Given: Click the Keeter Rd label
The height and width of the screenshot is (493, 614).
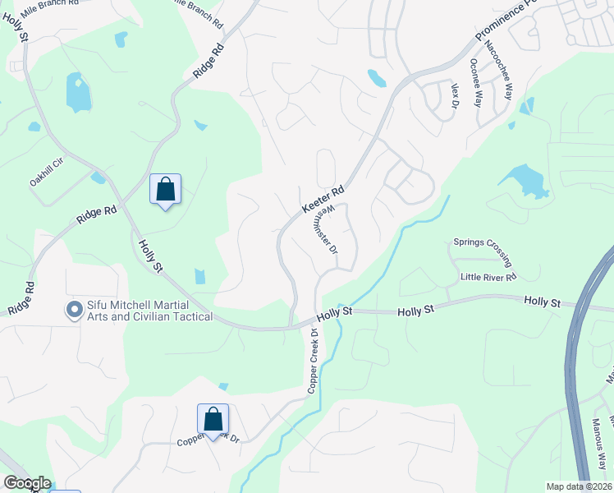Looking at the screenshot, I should [323, 200].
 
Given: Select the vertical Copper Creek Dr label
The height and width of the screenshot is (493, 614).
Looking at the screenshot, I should [313, 361].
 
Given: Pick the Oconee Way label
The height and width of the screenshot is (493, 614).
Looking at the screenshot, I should [475, 82].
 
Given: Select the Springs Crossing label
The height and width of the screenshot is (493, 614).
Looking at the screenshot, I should [484, 253].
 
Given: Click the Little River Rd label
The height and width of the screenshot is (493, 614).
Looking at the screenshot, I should [488, 278].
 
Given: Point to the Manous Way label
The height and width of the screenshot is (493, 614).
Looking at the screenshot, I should [598, 443].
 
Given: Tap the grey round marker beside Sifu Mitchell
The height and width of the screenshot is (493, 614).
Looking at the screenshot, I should [74, 310].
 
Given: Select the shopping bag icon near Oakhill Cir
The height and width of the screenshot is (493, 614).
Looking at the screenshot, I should [166, 189].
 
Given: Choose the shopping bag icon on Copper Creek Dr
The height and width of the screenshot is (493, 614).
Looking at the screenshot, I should [213, 418].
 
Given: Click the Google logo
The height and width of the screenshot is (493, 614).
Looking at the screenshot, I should [26, 483].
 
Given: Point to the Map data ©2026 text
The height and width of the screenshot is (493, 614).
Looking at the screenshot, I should [578, 486].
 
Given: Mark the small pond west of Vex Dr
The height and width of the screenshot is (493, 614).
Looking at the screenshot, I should [377, 78].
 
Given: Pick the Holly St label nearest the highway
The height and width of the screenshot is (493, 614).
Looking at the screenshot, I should [542, 303].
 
